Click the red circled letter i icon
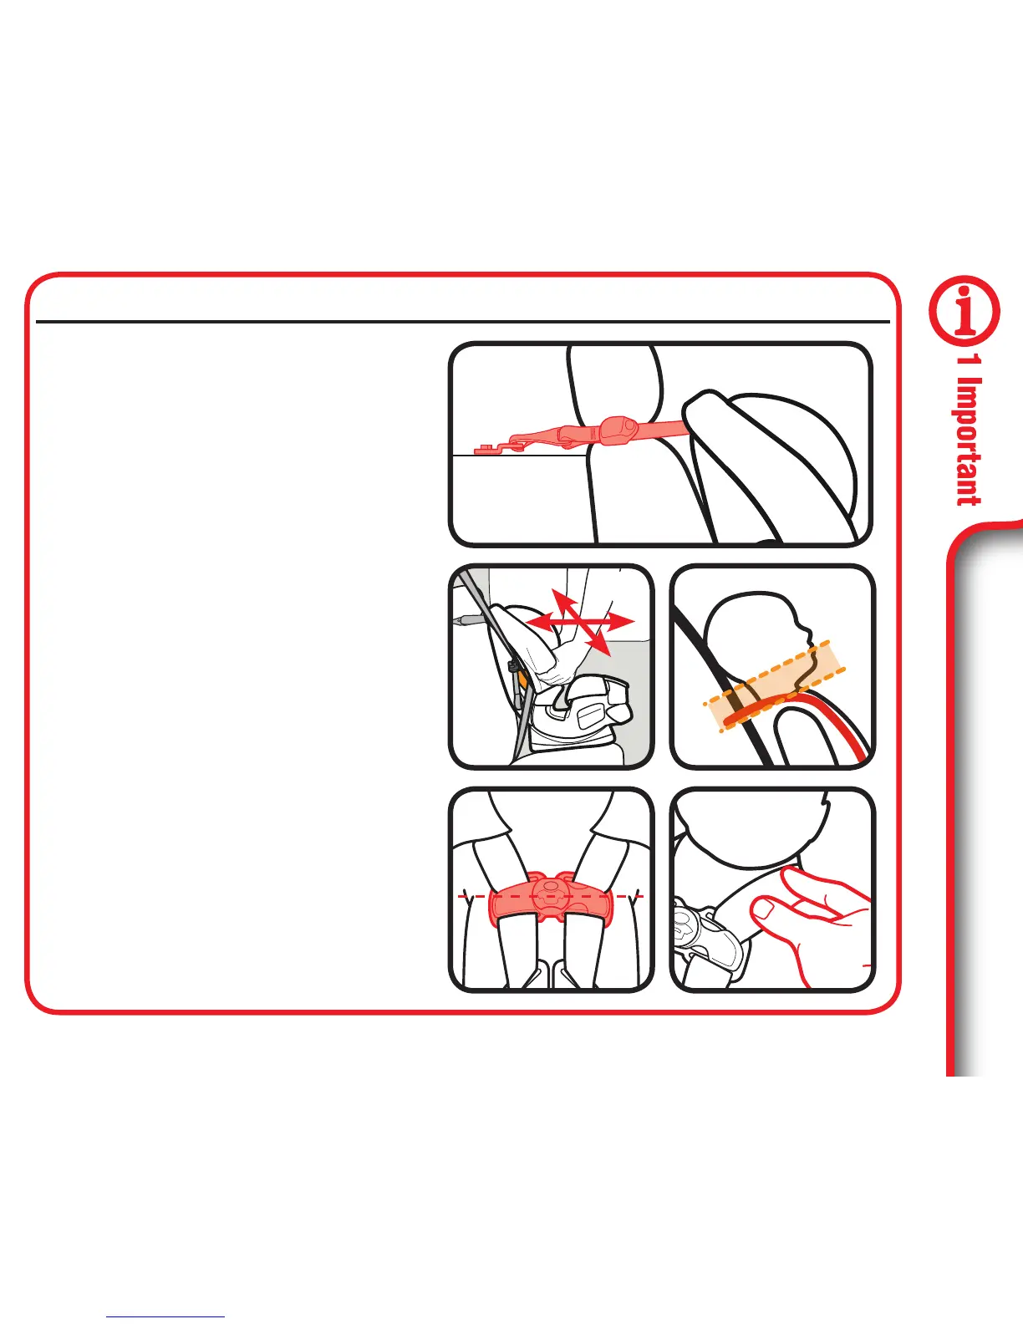coord(964,311)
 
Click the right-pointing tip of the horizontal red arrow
coord(633,622)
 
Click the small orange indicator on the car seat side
coord(522,675)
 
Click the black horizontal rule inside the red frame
coord(463,321)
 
